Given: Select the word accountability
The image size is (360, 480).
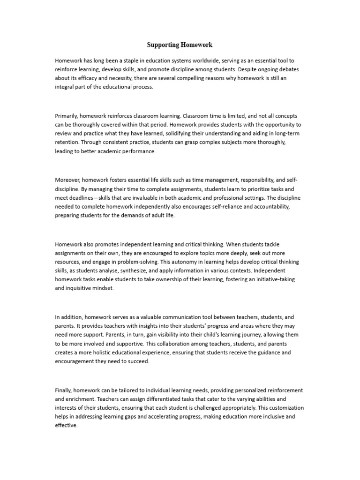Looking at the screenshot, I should click(x=276, y=207).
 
